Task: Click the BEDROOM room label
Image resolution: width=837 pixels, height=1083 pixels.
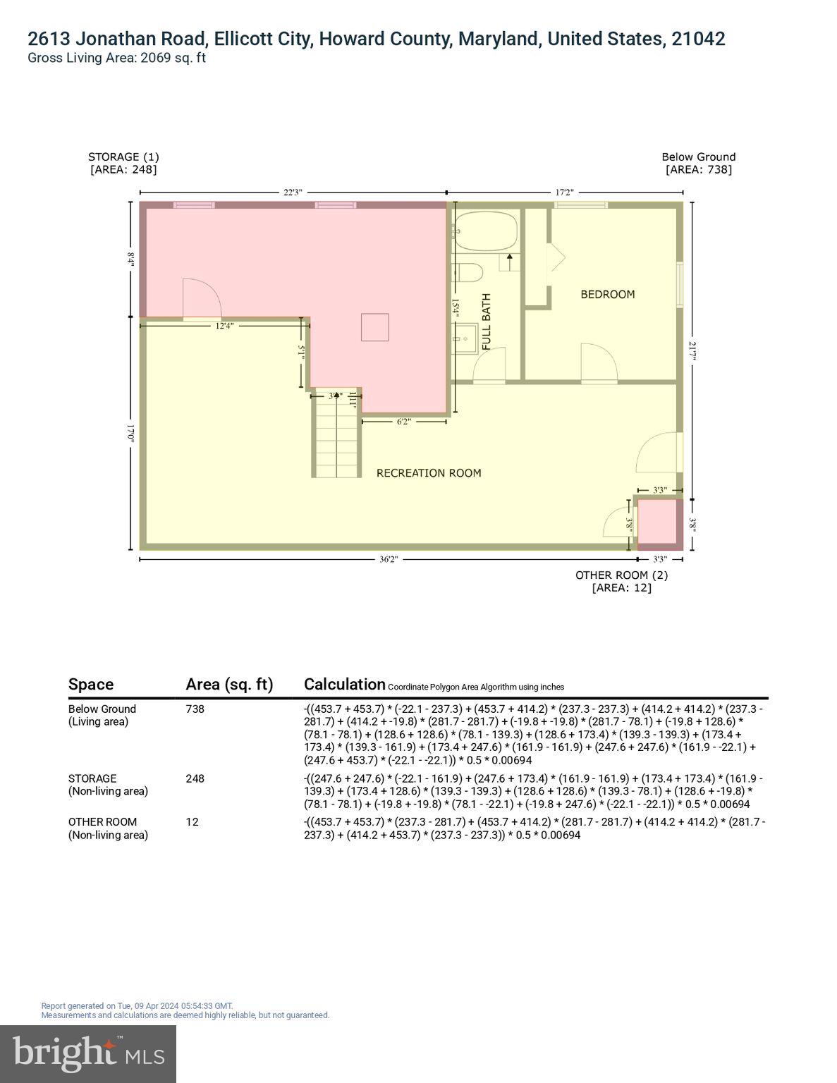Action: [x=607, y=294]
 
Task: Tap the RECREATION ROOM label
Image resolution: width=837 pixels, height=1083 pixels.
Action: [x=429, y=473]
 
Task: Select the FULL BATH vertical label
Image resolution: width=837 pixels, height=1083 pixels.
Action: [x=486, y=322]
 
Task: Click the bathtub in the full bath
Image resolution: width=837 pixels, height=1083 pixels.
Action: [x=486, y=231]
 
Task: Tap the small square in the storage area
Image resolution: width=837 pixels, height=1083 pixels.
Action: [x=374, y=327]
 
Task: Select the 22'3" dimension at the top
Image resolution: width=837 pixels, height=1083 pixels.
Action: [x=293, y=192]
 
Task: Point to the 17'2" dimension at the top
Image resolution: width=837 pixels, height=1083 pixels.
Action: [x=564, y=192]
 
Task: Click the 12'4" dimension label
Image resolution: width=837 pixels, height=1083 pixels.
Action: [x=224, y=326]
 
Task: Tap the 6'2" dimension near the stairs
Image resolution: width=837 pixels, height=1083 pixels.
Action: [x=403, y=422]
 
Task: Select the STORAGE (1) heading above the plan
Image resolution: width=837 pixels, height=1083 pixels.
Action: [x=123, y=157]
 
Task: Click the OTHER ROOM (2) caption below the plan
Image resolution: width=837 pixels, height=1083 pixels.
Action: [x=621, y=575]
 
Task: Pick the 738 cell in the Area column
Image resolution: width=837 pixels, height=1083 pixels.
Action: [x=195, y=709]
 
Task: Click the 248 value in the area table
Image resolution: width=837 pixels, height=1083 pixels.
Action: [x=195, y=778]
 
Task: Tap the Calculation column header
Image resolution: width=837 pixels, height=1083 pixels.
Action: [x=344, y=684]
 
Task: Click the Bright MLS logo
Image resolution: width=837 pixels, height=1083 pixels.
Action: [x=88, y=1053]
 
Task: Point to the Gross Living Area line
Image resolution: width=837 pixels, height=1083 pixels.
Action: [x=116, y=58]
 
